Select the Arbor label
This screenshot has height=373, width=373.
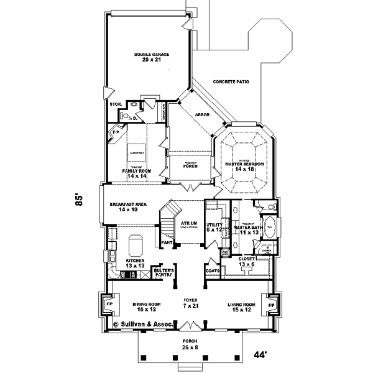pos(202,115)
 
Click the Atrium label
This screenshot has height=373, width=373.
pos(190,223)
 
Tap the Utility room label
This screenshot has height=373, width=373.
pos(214,227)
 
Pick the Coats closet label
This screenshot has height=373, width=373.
pos(212,271)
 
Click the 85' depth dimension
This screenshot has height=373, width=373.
pos(79,199)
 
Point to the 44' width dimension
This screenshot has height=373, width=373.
pos(261,355)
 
